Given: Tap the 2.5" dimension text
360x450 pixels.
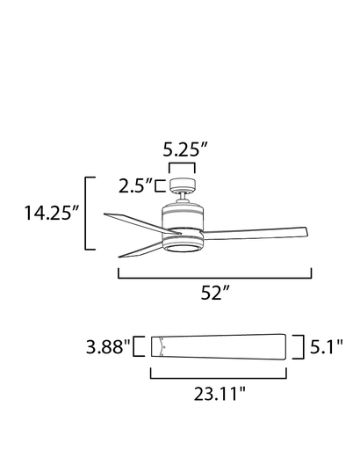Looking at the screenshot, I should point(136,185).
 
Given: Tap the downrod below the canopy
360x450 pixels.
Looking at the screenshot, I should point(183,198).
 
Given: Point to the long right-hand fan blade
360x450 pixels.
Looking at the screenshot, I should point(263,233).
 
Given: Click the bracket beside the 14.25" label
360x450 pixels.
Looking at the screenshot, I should point(86,213).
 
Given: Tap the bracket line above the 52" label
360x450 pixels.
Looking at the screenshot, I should point(214,277).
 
